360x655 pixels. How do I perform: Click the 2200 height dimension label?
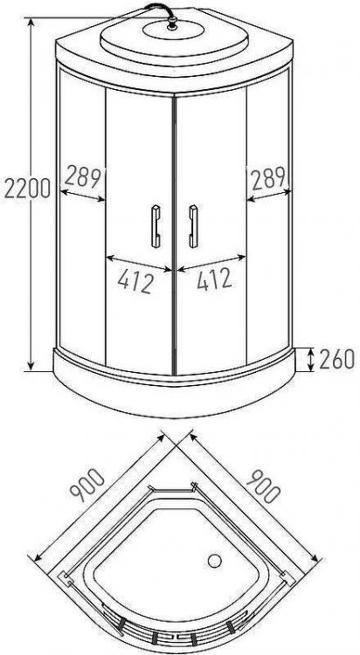(x=28, y=188)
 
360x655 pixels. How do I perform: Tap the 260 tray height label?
(x=336, y=359)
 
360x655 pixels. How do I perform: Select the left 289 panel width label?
(x=82, y=177)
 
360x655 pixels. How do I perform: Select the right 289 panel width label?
(x=268, y=177)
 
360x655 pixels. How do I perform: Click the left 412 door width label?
(x=136, y=280)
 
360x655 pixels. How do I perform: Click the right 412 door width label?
(x=214, y=279)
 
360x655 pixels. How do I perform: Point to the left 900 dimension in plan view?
(x=87, y=485)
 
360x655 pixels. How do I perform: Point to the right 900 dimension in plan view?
(x=263, y=486)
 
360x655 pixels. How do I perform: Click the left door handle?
(x=156, y=226)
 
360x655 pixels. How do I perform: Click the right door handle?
(x=193, y=226)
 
